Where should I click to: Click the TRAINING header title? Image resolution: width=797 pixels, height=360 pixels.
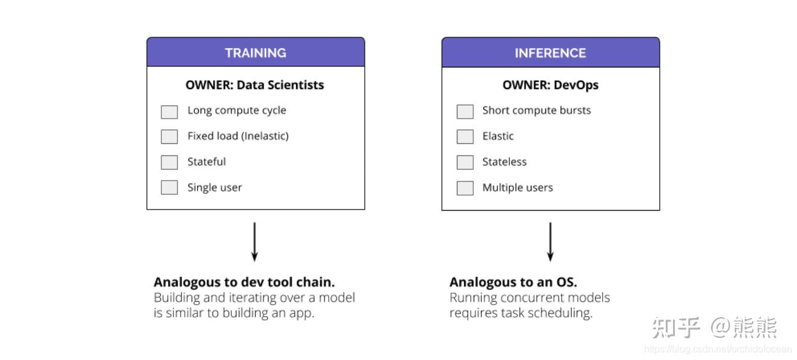[x=255, y=53]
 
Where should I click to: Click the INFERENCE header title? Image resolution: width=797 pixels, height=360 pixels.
[x=550, y=53]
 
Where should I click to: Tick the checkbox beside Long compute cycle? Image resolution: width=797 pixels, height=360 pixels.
[x=169, y=112]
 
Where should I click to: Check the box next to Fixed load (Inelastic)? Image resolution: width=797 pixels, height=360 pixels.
[x=169, y=137]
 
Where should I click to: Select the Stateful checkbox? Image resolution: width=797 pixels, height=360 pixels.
[x=169, y=162]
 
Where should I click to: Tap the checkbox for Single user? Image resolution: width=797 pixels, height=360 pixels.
[x=169, y=187]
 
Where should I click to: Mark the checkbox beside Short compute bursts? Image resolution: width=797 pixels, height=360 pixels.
[x=465, y=111]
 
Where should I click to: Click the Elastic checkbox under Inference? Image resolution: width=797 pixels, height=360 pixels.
[x=465, y=137]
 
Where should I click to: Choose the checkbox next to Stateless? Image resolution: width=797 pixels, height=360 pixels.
[x=465, y=162]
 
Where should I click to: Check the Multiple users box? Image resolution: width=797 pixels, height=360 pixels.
[x=465, y=188]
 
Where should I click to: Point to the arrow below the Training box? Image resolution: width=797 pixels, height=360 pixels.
[x=255, y=242]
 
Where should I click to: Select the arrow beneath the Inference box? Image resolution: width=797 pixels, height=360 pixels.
[x=550, y=242]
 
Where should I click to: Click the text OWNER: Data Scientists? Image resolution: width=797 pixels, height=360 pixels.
[x=255, y=85]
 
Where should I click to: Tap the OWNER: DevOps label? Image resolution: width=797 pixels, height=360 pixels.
[x=550, y=85]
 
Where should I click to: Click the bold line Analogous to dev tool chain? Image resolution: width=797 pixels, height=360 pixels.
[x=244, y=282]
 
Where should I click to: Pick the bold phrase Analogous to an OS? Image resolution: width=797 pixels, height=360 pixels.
[x=513, y=282]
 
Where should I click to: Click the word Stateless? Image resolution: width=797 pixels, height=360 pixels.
[x=504, y=162]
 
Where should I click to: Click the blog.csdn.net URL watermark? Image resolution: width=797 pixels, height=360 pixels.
[x=718, y=349]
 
